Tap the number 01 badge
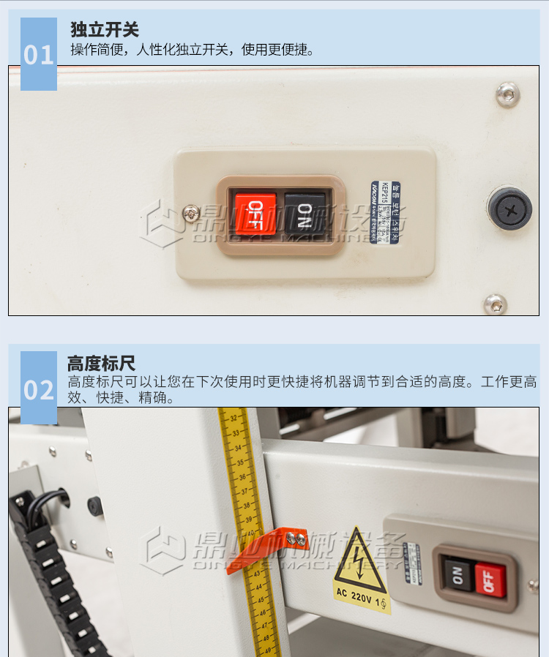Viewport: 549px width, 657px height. pos(39,56)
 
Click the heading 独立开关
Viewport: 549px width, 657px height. pos(104,30)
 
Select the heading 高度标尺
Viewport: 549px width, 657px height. pos(101,364)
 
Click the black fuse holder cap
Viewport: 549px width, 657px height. pos(509,209)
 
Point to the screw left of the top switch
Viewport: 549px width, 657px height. pos(191,213)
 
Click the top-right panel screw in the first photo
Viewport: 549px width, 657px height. pos(507,94)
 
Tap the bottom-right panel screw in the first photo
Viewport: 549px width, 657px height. pos(496,304)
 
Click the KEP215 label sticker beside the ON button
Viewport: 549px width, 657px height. pos(385,213)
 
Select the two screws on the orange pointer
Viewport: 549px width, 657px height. pos(296,539)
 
